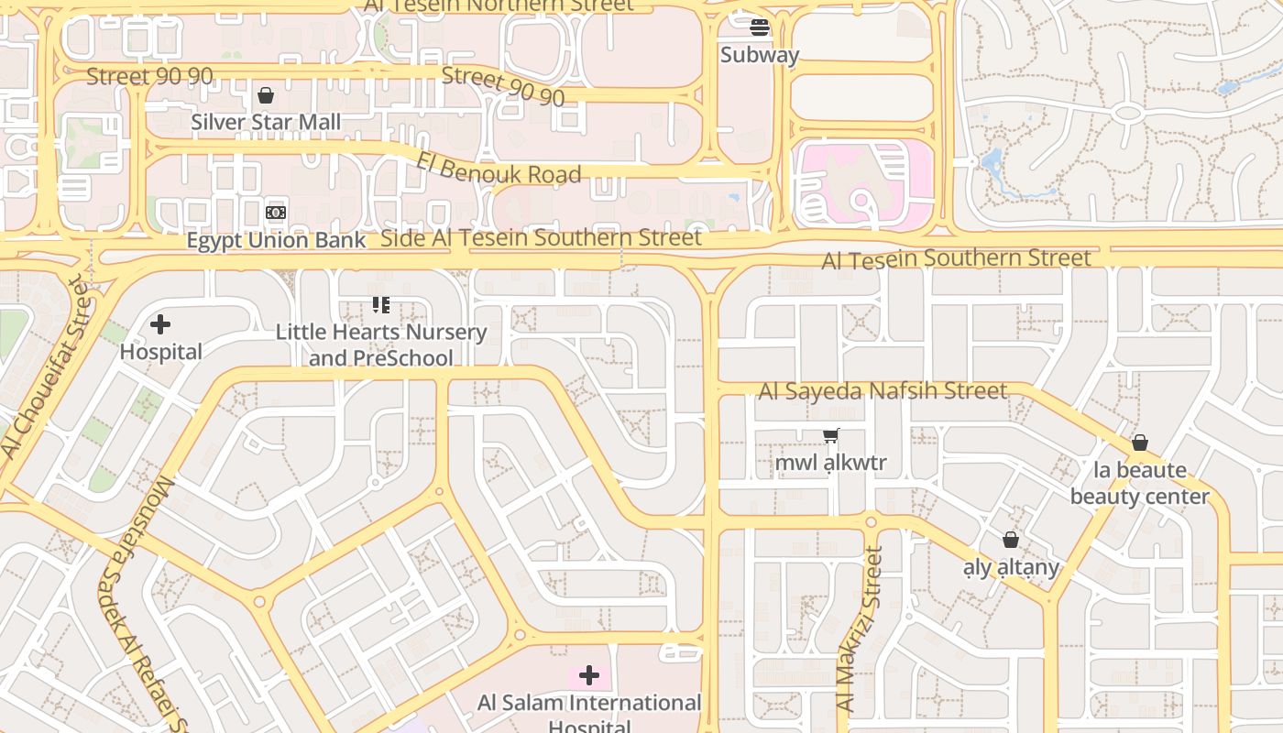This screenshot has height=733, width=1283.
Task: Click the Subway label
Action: tap(759, 55)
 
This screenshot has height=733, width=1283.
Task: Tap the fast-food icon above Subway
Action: tap(759, 27)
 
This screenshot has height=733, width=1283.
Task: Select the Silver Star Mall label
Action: tap(266, 122)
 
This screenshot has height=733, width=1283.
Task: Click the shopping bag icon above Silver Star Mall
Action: tap(266, 95)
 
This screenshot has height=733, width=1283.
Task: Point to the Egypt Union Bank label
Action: tap(276, 241)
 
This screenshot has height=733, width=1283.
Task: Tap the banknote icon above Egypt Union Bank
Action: tap(276, 213)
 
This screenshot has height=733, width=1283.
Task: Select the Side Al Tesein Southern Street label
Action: tap(541, 238)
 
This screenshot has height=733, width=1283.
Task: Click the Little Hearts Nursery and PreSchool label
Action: tap(381, 345)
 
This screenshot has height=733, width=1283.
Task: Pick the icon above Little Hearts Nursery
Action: tap(381, 305)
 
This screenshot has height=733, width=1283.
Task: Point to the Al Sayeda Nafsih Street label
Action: tap(883, 391)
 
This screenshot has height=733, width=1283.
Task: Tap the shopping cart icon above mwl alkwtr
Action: tap(831, 436)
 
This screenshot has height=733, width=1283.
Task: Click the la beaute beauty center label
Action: tap(1140, 484)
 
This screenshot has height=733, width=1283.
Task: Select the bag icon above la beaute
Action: tap(1140, 443)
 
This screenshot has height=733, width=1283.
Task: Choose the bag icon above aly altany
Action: tap(1011, 541)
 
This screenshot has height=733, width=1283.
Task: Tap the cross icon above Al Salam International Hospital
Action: tap(589, 676)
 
